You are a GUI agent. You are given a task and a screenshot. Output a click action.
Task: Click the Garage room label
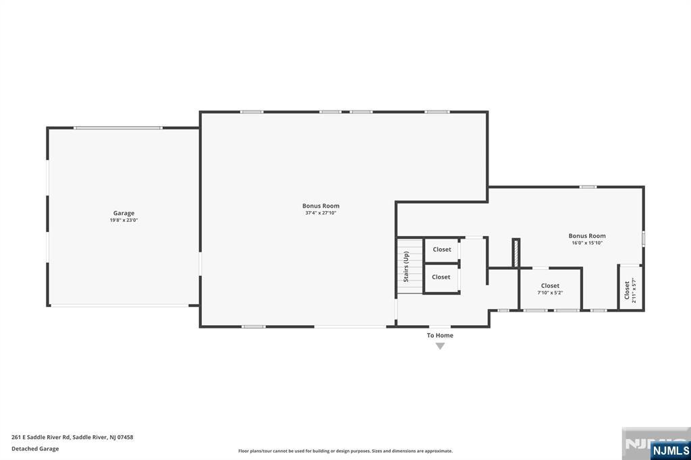point(123,213)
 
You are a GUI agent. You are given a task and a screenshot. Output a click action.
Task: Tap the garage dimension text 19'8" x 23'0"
point(123,220)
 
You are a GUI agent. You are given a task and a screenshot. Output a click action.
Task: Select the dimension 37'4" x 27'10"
point(321,213)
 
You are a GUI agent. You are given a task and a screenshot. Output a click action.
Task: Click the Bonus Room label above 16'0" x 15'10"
point(587,236)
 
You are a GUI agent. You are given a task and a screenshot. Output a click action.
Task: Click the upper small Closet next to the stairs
point(442,250)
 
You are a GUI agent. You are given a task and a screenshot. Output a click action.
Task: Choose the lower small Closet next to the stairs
point(441,277)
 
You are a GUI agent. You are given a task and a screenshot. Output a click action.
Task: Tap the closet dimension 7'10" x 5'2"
point(550,293)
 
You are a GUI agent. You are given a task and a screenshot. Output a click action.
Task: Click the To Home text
point(440,335)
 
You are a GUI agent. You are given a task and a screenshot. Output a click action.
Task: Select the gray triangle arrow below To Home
point(440,346)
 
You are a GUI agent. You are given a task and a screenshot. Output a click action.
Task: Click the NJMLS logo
point(670,450)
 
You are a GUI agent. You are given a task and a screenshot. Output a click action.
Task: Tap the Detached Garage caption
point(35,449)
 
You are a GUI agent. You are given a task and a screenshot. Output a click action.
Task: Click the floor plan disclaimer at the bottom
point(345,451)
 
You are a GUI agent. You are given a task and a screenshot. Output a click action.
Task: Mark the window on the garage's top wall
point(118,127)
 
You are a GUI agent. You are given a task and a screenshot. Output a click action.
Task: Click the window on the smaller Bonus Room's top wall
point(588,187)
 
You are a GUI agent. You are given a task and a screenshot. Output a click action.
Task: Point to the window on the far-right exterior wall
point(643,238)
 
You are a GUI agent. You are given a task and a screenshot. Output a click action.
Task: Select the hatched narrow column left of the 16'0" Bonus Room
point(516,252)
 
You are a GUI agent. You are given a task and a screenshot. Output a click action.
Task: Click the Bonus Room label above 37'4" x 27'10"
point(321,206)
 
